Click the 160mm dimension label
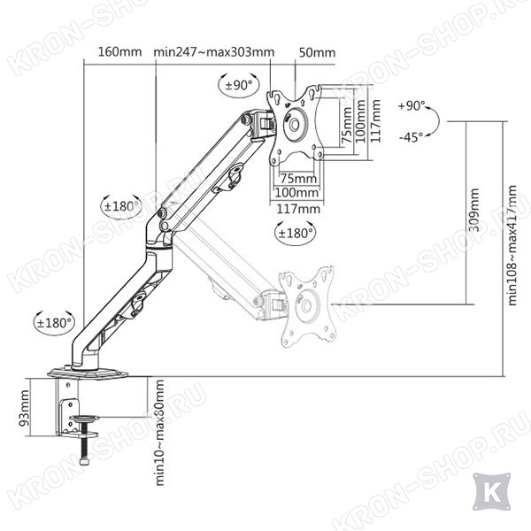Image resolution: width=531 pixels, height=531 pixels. [119, 52]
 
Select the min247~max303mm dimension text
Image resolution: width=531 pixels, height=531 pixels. [214, 52]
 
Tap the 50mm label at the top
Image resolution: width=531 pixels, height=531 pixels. [318, 52]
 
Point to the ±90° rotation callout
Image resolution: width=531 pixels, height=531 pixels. [239, 85]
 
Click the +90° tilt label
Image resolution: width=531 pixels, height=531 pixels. [412, 106]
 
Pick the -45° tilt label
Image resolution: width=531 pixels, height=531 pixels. [412, 137]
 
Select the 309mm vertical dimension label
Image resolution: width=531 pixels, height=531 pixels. [474, 210]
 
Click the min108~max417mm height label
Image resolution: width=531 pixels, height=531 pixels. [512, 245]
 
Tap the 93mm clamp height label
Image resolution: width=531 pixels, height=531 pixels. [25, 408]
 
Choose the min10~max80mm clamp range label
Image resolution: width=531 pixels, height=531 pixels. [159, 433]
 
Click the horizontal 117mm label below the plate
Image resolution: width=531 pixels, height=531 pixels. [298, 209]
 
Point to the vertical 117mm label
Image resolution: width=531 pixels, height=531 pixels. [375, 121]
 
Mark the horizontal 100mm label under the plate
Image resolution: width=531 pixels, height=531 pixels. [296, 193]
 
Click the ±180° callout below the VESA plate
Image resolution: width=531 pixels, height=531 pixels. [295, 233]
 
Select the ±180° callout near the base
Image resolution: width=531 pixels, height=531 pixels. [54, 323]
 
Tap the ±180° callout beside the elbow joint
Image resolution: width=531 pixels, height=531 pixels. [121, 206]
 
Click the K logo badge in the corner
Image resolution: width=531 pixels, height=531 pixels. [491, 493]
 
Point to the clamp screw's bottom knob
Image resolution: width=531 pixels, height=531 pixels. [84, 462]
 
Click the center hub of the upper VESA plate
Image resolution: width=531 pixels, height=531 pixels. [294, 125]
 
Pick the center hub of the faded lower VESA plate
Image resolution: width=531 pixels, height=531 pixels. [307, 305]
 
